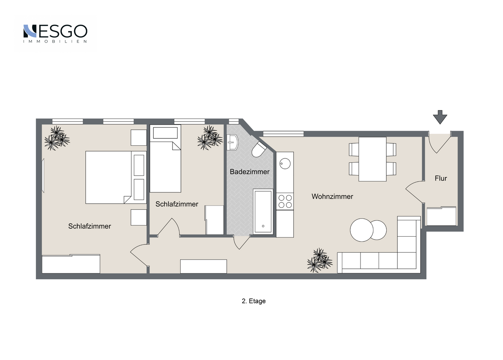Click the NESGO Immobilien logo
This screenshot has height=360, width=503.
[55, 34]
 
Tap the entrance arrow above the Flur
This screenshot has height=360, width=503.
[440, 117]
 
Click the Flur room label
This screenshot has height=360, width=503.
[440, 178]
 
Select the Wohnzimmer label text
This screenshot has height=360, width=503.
[332, 197]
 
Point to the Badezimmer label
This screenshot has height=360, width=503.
[249, 172]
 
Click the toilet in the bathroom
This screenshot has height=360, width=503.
[259, 149]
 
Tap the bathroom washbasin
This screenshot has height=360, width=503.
[232, 142]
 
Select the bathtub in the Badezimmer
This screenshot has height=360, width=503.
[263, 212]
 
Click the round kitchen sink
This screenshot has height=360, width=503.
[285, 164]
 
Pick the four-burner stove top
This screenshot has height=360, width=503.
[285, 201]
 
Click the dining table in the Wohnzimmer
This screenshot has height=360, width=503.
[372, 159]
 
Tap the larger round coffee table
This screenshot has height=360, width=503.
[362, 230]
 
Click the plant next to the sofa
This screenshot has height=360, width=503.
[320, 260]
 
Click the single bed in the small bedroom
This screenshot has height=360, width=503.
[165, 159]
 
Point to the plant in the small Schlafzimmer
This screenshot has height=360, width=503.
[210, 137]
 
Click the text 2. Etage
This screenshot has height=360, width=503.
[254, 301]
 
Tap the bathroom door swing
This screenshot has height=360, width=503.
[241, 242]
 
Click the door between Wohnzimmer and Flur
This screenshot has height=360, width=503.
[415, 192]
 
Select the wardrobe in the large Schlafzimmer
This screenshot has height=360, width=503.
[71, 264]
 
